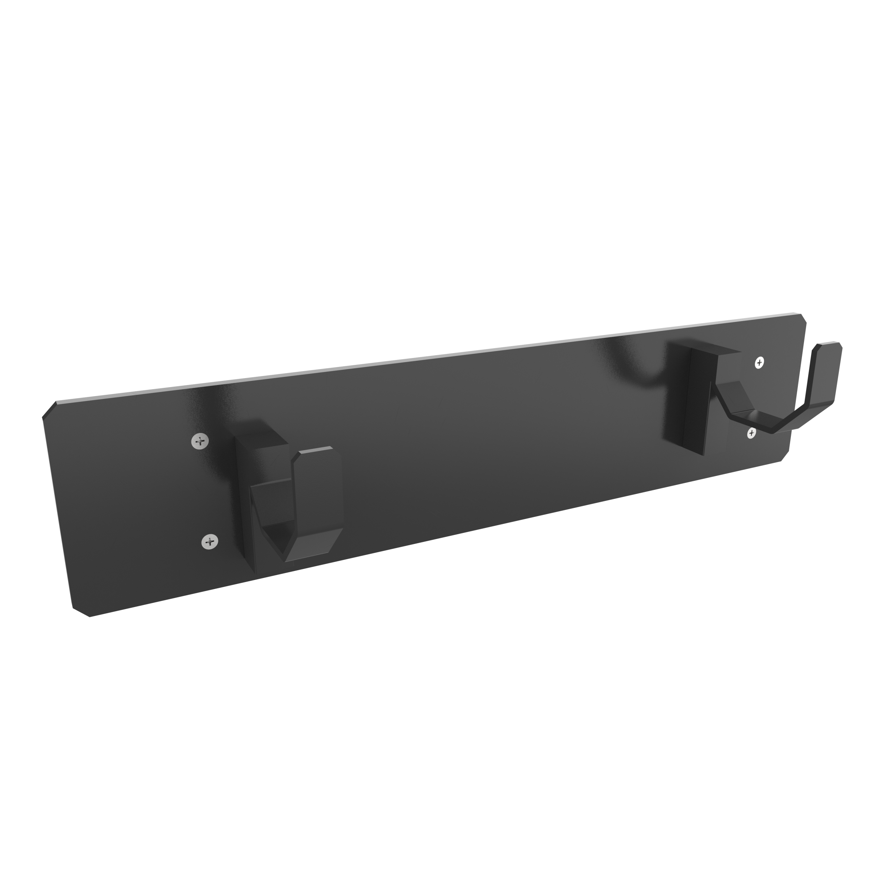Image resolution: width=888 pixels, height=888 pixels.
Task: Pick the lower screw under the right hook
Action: [751, 433]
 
